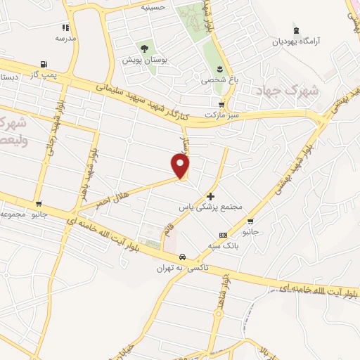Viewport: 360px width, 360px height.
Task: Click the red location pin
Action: coord(181,165)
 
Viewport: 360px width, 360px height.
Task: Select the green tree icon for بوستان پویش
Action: coord(144,49)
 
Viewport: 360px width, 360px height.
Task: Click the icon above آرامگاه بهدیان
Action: coord(297,30)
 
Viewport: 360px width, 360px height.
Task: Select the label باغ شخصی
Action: coord(220,80)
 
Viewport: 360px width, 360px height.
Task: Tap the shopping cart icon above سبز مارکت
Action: coord(222,103)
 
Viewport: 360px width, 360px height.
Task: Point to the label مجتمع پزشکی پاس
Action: coord(221,207)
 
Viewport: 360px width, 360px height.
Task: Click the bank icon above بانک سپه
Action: coord(222,235)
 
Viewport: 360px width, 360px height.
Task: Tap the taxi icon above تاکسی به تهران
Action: coord(182,256)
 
